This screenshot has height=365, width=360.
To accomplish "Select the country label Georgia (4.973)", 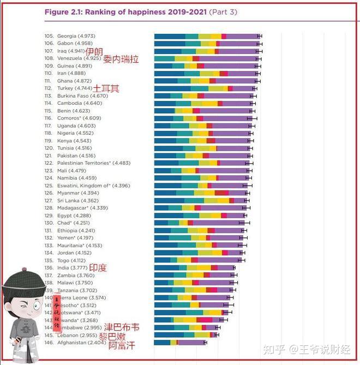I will (75, 36).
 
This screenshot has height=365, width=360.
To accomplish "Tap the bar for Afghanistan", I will (180, 343).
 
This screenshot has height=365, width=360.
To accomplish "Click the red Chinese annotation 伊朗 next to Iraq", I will (94, 51).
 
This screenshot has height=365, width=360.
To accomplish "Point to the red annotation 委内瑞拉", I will (121, 58).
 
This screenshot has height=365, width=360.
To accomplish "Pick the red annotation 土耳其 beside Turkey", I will (106, 88).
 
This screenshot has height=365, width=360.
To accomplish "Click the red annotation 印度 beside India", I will (98, 268).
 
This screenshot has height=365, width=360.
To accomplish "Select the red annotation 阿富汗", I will (121, 345).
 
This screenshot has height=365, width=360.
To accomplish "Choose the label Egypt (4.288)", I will (74, 216).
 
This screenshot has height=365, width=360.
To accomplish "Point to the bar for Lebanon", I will (185, 335).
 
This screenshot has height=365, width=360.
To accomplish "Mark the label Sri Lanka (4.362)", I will (78, 200).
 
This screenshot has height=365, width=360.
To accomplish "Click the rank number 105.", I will (49, 36).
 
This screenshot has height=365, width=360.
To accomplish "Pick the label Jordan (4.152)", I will (74, 253).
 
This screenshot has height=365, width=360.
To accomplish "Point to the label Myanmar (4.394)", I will (77, 193).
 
